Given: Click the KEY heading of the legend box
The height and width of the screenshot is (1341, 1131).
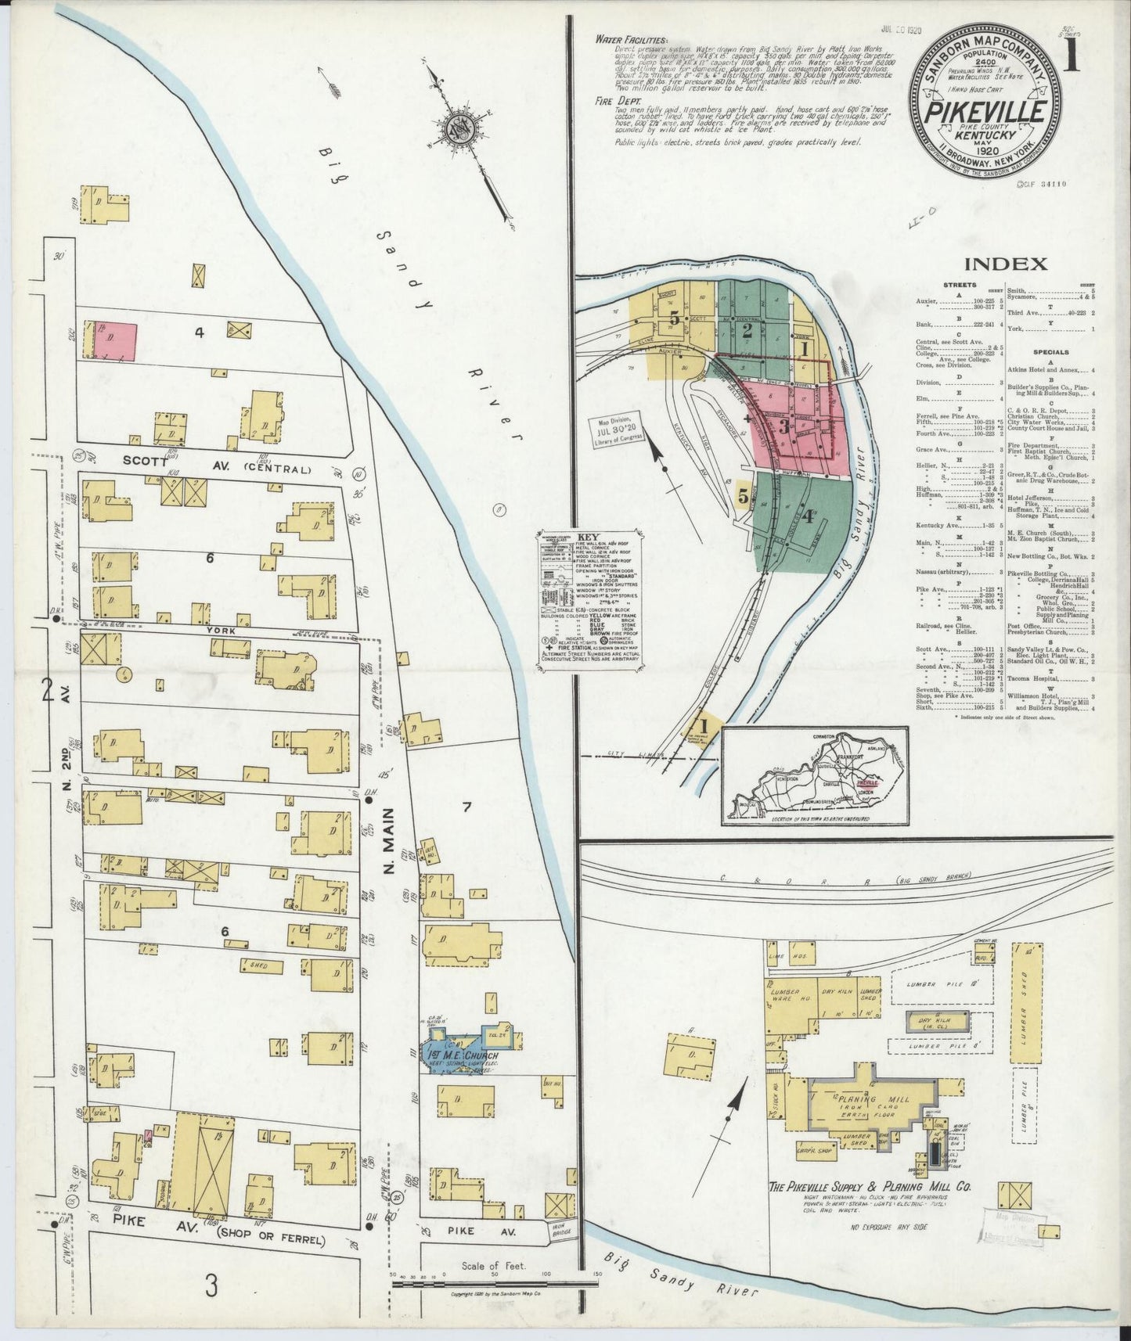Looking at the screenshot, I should pyautogui.click(x=587, y=537).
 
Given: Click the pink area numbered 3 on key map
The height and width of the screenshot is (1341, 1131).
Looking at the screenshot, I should pyautogui.click(x=783, y=426).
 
